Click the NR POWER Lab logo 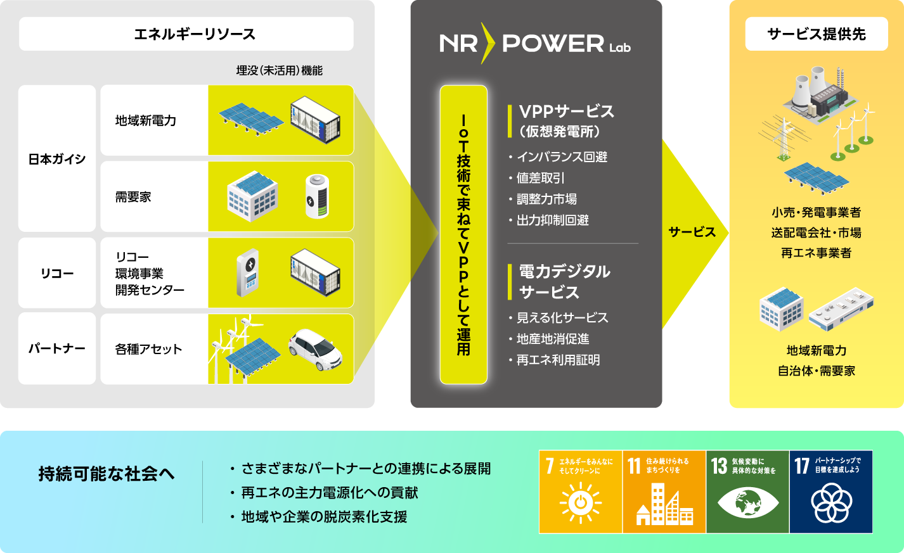535,43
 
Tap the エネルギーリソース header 186,34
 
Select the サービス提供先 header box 816,34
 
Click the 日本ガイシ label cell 57,159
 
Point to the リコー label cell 57,273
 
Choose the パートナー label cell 57,348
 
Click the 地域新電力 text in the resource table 146,120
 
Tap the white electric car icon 315,349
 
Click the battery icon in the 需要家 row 317,197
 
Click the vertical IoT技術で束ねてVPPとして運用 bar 463,234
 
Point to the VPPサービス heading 566,111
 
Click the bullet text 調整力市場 546,199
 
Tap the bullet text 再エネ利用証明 558,360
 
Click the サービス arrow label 692,232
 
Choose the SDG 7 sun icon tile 580,492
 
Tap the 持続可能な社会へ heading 107,473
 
